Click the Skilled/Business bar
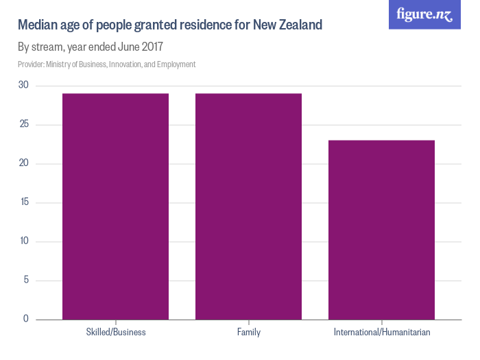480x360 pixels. point(115,206)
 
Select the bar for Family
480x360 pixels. point(248,206)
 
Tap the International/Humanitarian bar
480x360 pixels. point(382,230)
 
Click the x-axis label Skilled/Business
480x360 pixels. point(116,333)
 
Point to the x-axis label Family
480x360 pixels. point(248,333)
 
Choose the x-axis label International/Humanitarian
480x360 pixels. point(382,333)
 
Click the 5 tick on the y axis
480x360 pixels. point(25,280)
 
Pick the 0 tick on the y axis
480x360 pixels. point(25,319)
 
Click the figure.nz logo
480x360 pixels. point(424,15)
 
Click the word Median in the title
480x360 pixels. point(37,26)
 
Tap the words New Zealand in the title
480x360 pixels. point(287,26)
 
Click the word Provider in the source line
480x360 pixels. point(31,64)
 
